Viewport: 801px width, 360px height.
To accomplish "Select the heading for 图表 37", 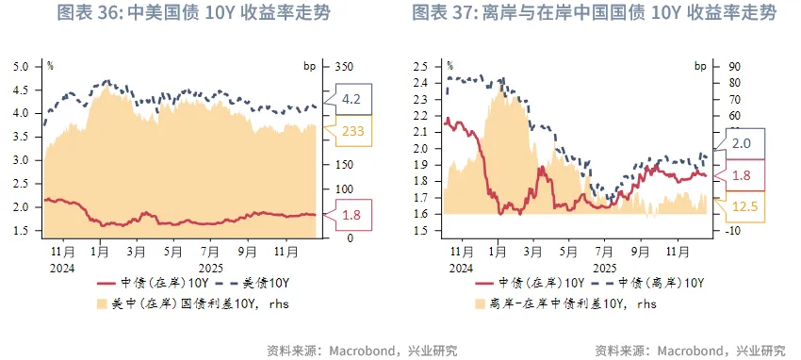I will [x=595, y=13].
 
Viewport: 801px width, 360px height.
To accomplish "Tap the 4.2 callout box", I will [x=351, y=98].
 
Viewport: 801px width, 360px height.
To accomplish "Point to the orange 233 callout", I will [x=351, y=132].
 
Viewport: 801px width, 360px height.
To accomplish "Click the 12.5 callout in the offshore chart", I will [x=744, y=205].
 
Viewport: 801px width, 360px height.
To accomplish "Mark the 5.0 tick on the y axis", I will [x=20, y=66].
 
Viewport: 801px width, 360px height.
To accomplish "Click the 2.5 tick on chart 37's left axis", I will [x=420, y=66].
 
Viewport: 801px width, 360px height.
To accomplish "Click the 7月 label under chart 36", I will [x=209, y=253].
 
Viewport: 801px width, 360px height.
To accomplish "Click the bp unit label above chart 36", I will [x=310, y=66].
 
